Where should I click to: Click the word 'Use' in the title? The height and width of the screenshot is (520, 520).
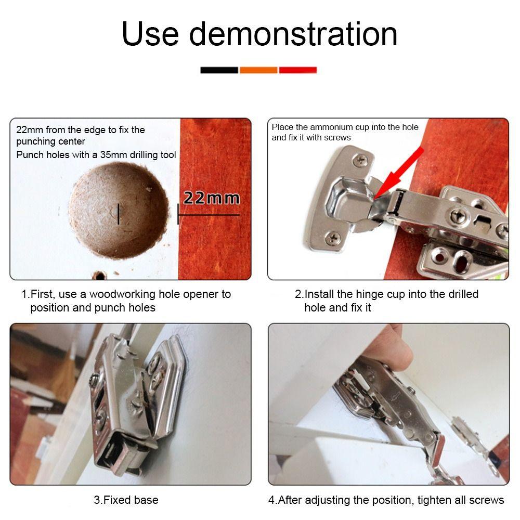150,34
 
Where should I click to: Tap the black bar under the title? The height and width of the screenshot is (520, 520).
219,70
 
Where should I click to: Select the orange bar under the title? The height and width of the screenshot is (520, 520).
258,70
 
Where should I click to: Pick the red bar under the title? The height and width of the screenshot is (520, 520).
298,70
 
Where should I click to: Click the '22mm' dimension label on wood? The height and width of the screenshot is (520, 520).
212,198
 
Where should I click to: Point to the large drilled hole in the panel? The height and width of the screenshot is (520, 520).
119,211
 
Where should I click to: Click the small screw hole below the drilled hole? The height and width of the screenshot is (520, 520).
97,275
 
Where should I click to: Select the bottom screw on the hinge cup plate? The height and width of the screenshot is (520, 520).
332,238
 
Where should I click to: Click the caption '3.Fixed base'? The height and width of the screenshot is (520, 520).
126,500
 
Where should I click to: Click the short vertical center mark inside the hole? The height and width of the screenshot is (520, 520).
119,214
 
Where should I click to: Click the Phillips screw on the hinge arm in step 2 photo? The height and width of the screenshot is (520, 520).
459,213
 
